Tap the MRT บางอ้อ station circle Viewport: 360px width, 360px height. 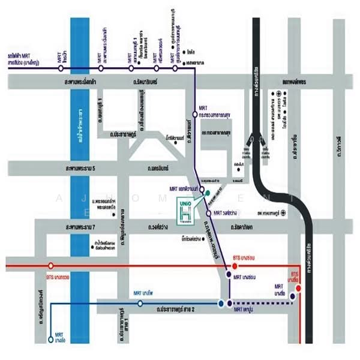[x=50, y=340]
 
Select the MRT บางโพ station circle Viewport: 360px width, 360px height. [x=140, y=304]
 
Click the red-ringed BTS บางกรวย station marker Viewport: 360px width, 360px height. [x=51, y=265]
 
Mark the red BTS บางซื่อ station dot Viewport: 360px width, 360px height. [x=298, y=287]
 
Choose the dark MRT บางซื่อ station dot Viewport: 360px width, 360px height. [x=292, y=296]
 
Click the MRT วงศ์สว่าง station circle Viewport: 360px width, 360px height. [x=209, y=213]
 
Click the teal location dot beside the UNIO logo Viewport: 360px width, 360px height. [x=208, y=193]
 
